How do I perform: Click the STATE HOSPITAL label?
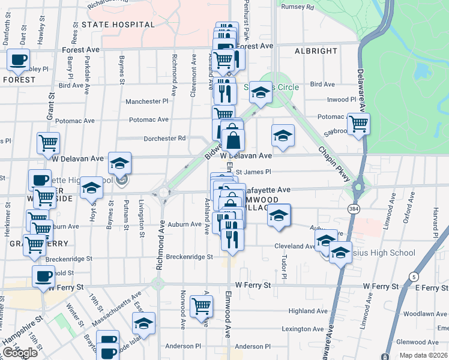(x=118, y=25)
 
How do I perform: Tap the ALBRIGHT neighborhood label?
(x=316, y=51)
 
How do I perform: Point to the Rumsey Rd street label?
(x=301, y=8)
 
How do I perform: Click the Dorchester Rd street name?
(x=164, y=139)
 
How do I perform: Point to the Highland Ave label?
(x=307, y=311)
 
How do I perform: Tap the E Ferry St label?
(x=432, y=288)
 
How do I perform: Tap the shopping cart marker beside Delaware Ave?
(x=358, y=124)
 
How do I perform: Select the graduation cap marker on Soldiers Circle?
(x=261, y=92)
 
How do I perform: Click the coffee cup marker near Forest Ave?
(x=18, y=59)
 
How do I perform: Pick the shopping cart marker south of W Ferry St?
(x=202, y=306)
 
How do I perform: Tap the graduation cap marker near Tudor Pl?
(x=279, y=215)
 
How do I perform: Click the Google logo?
(x=20, y=353)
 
